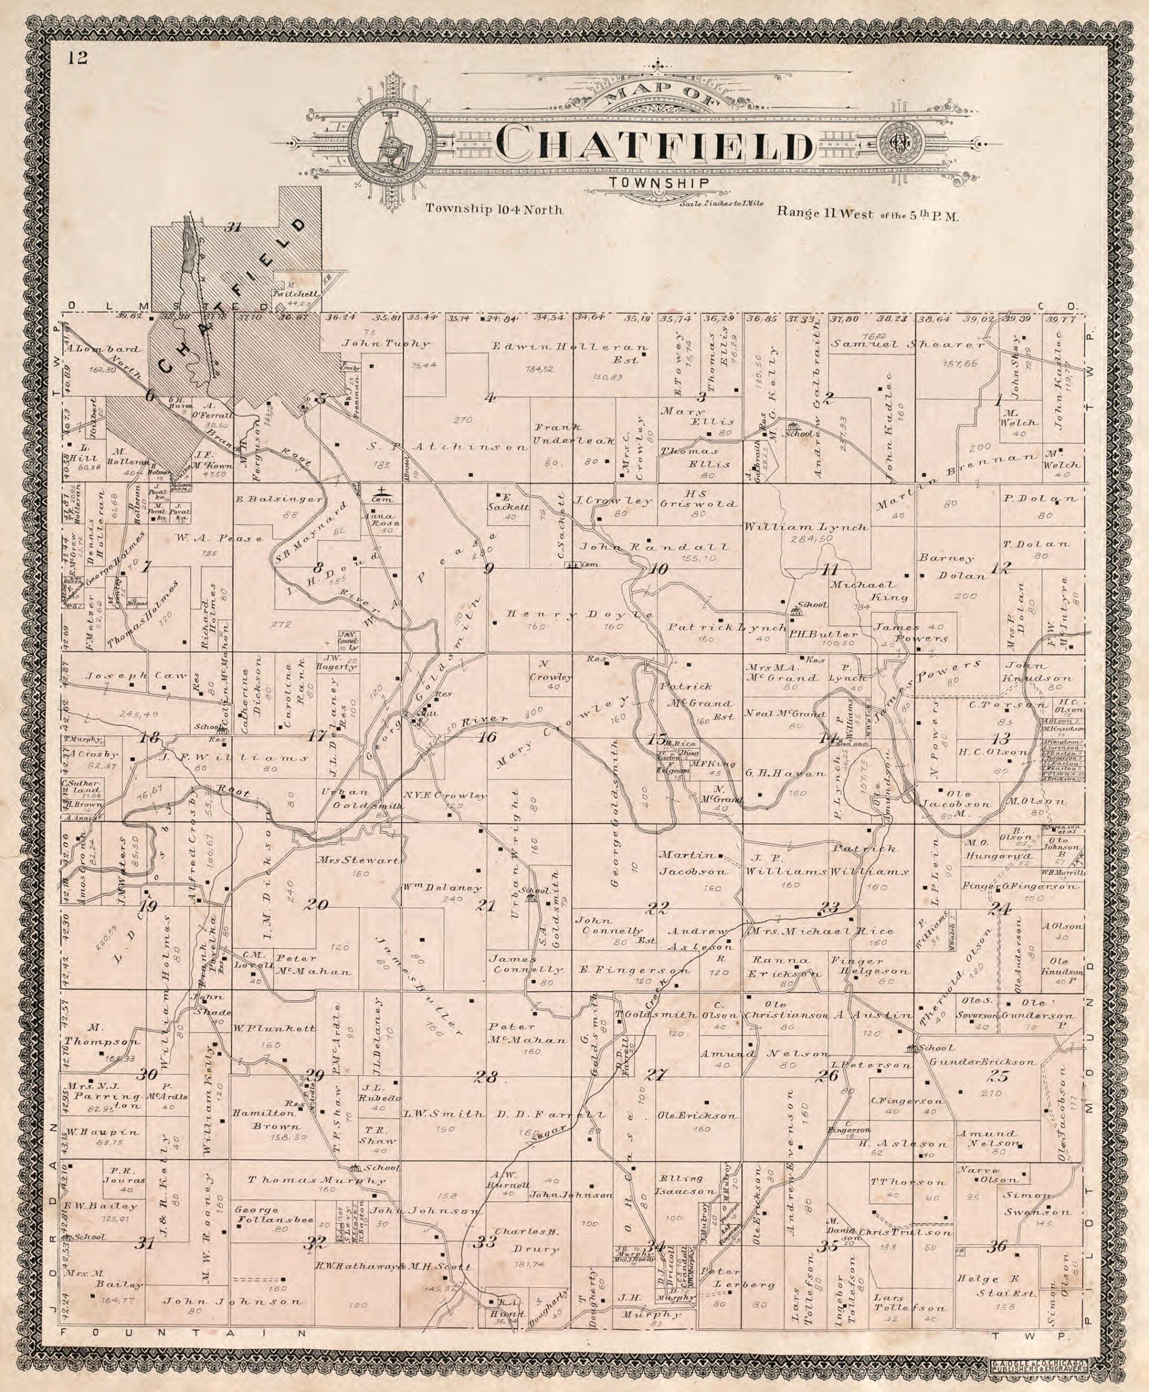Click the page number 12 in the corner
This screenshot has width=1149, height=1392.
77,58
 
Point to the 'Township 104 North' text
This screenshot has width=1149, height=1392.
494,210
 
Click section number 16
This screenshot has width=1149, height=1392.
487,737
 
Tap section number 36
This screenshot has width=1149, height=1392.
997,1247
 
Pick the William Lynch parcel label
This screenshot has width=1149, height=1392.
805,528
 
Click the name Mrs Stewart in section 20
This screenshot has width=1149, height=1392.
358,861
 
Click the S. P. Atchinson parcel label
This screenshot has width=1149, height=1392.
447,447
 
